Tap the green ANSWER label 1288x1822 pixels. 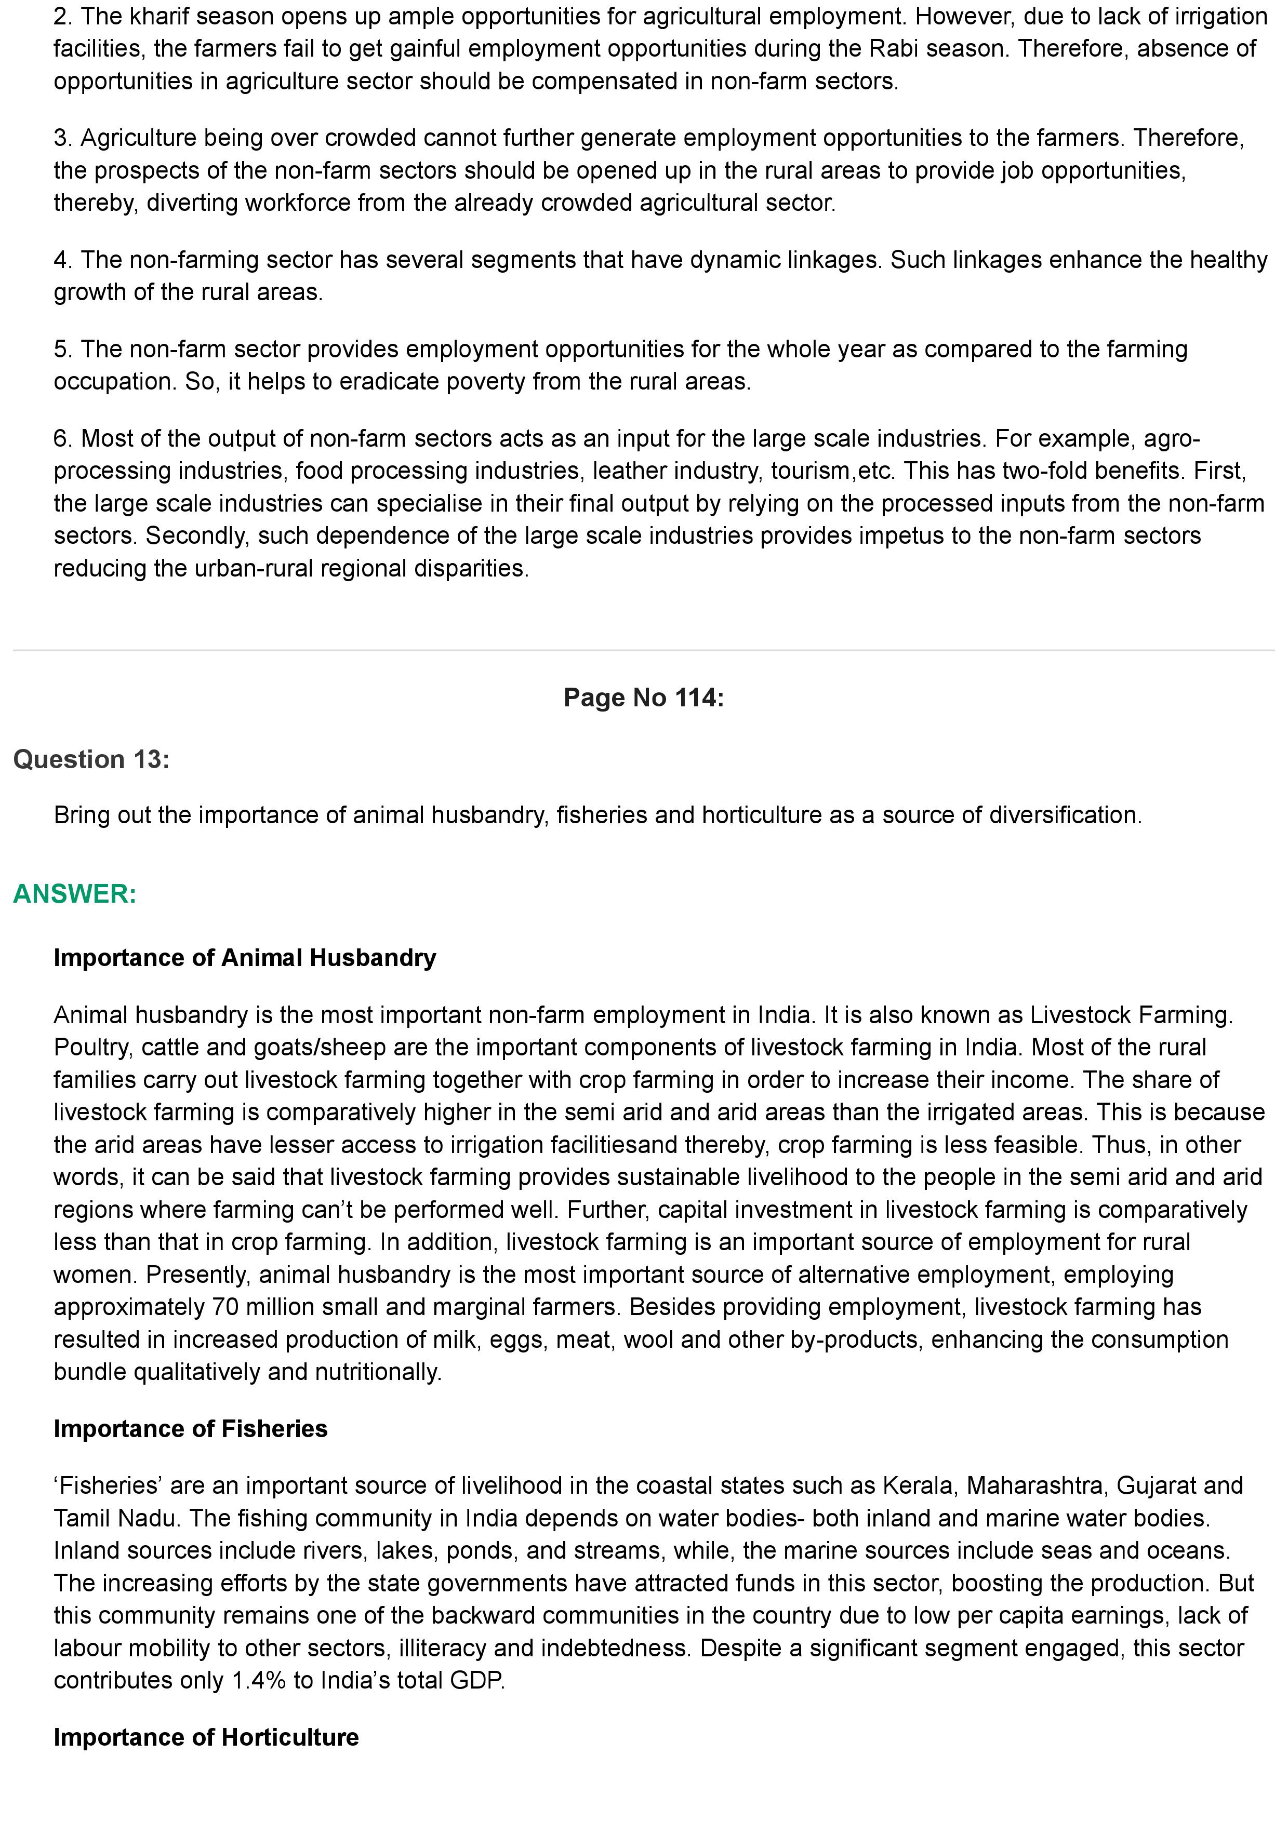(75, 894)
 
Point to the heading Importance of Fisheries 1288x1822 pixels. (191, 1428)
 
